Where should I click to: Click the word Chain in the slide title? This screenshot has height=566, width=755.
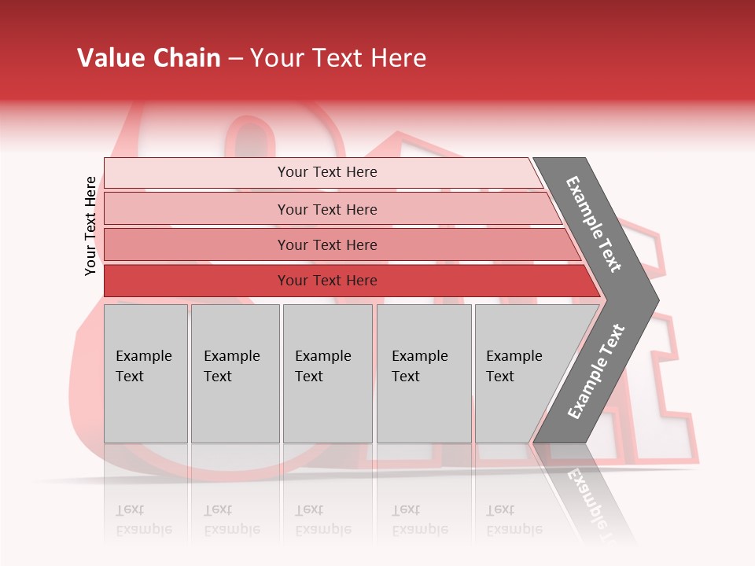point(186,58)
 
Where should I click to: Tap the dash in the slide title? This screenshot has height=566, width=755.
point(235,59)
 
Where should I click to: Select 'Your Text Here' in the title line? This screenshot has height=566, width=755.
point(338,58)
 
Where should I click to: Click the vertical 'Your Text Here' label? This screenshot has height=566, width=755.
point(90,226)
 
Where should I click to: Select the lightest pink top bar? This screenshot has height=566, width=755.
point(326,172)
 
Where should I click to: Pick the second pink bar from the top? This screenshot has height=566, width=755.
point(326,209)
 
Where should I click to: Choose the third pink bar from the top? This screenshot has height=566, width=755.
point(326,244)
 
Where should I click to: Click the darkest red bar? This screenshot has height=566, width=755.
point(326,281)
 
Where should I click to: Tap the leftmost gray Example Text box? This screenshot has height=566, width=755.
point(145,373)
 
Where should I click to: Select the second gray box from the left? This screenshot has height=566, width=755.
point(234,373)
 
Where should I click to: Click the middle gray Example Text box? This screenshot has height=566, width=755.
point(327,373)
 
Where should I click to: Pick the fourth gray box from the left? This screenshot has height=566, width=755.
point(423,373)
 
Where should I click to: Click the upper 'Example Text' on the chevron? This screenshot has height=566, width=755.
point(594,224)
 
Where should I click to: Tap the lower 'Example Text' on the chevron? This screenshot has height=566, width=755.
point(596,371)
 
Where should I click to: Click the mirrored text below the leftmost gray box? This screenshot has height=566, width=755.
point(144,520)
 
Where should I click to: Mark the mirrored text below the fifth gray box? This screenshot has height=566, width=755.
point(514,520)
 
